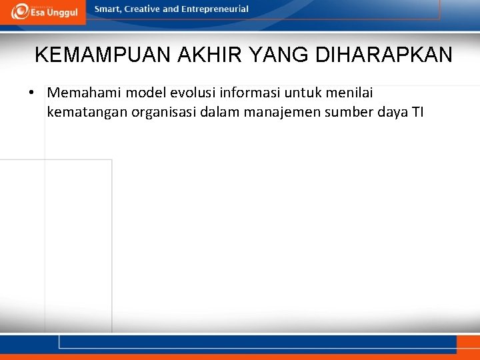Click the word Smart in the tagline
click(108, 9)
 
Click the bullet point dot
click(32, 92)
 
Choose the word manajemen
click(281, 111)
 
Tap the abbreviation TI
click(417, 111)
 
